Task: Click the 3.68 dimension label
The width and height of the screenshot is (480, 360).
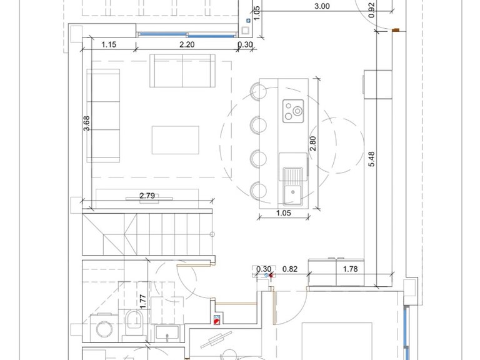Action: [87, 123]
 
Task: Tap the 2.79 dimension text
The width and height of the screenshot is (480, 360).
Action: [147, 196]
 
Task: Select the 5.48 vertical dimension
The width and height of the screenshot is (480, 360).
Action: [372, 159]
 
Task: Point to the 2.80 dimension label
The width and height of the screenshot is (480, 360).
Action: [312, 143]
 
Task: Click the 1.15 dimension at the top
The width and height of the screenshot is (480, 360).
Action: [109, 45]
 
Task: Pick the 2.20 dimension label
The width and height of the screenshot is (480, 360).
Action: [187, 45]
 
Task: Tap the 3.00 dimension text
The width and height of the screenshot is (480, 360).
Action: [322, 6]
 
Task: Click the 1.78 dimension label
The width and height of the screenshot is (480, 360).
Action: [350, 269]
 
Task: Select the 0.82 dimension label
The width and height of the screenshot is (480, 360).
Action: [289, 269]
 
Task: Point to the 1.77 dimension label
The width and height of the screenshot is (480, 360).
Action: [142, 301]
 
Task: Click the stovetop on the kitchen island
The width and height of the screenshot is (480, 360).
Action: [293, 111]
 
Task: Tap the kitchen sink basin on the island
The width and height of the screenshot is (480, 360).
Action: [292, 195]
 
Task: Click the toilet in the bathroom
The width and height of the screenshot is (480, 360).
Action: [134, 323]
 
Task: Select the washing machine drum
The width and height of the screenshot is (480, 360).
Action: [104, 329]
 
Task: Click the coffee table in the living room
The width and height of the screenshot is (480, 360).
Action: [176, 140]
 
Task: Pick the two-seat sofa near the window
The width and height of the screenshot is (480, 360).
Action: [182, 71]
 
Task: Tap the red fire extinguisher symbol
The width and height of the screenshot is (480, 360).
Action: [216, 320]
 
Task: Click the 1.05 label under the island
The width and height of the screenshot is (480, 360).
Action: [284, 213]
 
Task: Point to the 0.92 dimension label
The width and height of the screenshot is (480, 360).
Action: [372, 10]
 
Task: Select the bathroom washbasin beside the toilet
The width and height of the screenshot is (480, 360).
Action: [167, 333]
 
